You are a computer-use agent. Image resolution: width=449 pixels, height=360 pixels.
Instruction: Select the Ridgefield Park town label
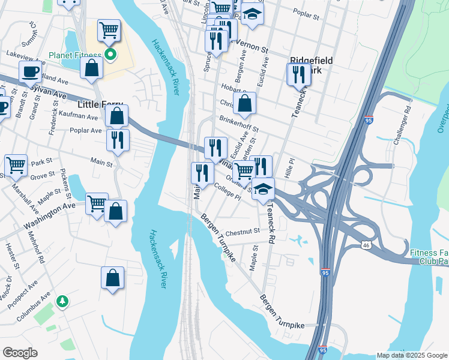click(311, 65)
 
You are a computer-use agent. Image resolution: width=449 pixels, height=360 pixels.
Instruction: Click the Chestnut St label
click(244, 231)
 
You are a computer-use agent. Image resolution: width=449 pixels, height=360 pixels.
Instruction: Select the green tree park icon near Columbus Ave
click(62, 301)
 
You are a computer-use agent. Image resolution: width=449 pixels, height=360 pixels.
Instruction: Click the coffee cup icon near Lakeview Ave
click(30, 71)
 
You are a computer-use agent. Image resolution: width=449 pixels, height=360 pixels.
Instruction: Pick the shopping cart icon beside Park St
click(16, 164)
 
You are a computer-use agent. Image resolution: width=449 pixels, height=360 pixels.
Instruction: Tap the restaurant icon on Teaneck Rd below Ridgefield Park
click(298, 74)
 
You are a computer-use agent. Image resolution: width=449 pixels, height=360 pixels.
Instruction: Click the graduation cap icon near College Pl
click(263, 188)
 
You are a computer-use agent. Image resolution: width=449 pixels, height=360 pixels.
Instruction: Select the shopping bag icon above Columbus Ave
click(112, 278)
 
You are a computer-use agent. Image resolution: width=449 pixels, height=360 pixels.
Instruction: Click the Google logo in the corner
click(20, 353)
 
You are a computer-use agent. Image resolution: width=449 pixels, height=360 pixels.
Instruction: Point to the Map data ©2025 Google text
click(412, 355)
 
